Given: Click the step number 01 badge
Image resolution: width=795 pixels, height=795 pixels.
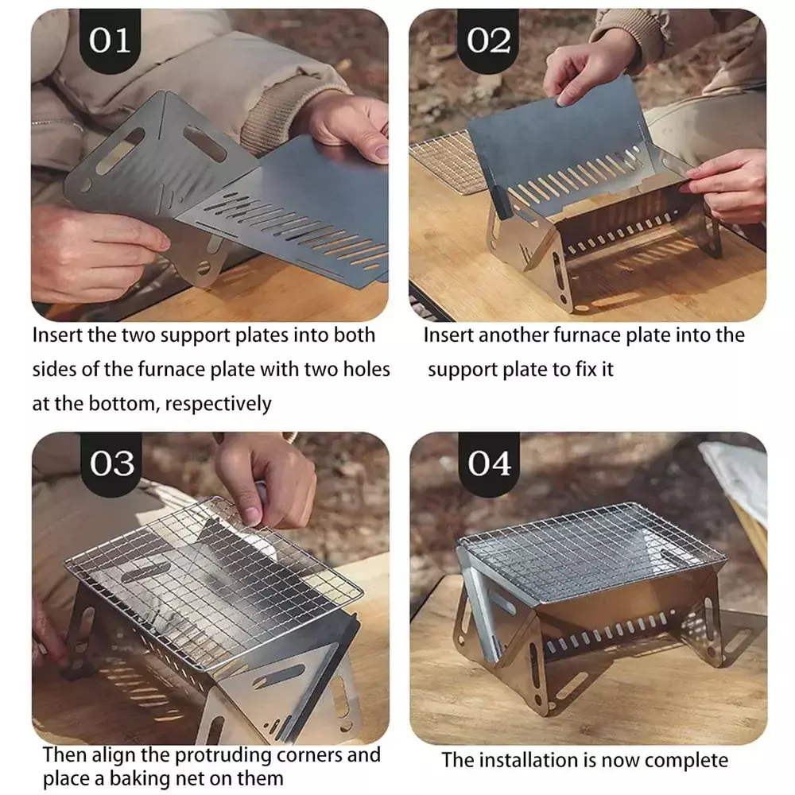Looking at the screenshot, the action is pos(110,41).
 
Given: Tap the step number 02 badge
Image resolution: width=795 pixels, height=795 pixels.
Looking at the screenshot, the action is pos(488,41).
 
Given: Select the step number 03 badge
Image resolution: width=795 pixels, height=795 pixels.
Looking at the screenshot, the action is pos(111,463).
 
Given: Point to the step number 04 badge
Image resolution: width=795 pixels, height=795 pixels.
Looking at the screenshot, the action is pos(489,463).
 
